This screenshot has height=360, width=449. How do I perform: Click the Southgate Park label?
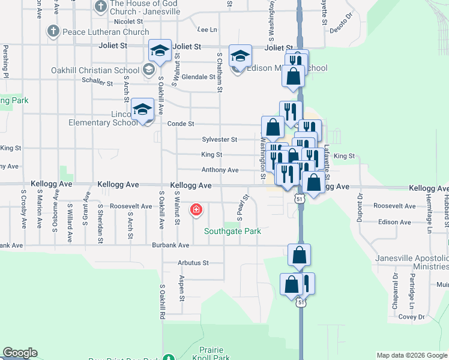[232, 231]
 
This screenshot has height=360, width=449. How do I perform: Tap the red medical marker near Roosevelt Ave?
[196, 210]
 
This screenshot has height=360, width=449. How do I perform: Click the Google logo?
[20, 353]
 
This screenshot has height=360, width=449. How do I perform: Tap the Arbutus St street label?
[193, 263]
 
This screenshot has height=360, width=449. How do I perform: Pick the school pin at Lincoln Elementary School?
[143, 110]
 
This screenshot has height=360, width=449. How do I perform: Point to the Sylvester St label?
[219, 139]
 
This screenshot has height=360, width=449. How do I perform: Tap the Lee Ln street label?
[206, 29]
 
